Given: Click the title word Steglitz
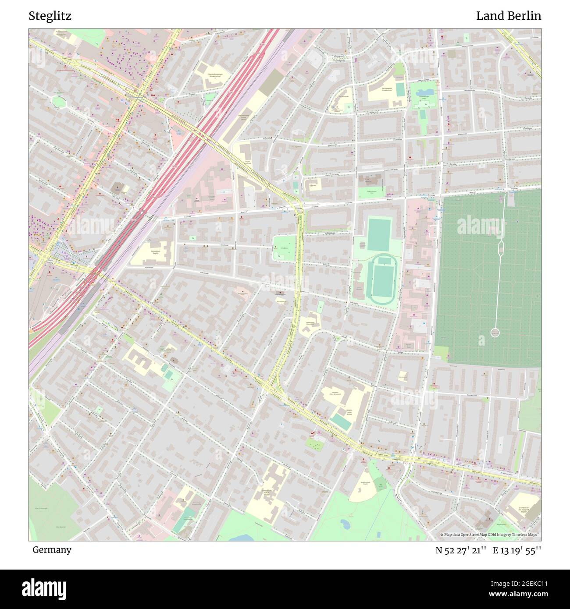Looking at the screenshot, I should tap(50, 16).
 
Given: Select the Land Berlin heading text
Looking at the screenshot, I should tap(508, 16).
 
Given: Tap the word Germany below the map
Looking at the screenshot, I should tap(52, 550).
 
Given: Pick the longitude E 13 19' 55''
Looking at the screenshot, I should tap(517, 550).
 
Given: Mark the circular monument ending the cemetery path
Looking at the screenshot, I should tap(495, 333).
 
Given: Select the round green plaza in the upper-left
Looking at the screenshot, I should tap(58, 101).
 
